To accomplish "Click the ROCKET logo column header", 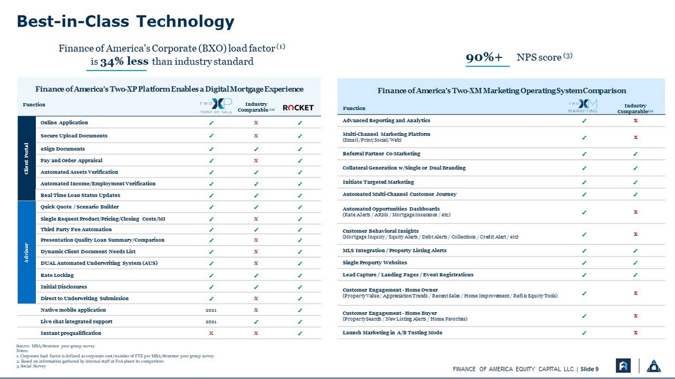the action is pos(298,108).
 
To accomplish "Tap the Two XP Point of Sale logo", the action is pos(216,106).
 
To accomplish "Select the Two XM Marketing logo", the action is pos(583,106).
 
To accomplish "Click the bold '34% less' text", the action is pos(124,61).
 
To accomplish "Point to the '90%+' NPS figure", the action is pos(484,57).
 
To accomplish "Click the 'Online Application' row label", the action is pos(64,122).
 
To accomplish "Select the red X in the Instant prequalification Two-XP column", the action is pos(211,333).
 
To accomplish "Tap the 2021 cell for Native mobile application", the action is pos(211,310).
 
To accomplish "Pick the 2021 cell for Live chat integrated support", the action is pos(211,322).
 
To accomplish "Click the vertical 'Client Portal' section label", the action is pos(26,159).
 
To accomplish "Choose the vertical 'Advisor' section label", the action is pos(26,252).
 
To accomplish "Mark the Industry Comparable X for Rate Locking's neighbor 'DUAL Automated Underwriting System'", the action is pos(256,263).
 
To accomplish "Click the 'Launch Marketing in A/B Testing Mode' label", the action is pos(393,333).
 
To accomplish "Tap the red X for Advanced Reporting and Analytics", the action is pos(636,121).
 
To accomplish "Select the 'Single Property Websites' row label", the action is pos(374,262).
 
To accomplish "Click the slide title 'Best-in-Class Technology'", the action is pos(125,22).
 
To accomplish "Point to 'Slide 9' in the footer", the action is pos(589,369).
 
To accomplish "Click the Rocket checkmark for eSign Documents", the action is pos(300,149).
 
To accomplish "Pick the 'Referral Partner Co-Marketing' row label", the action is pos(381,153).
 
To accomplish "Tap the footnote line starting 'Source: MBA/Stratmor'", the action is pos(56,346).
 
